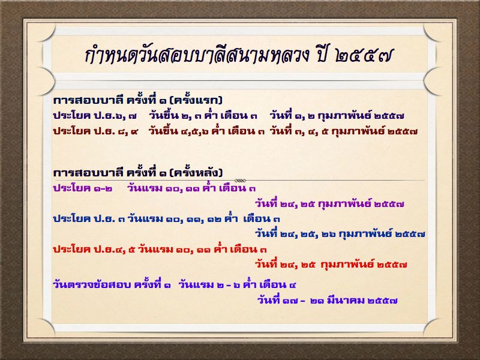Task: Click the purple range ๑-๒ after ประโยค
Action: tap(103, 188)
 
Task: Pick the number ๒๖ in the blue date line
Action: tap(329, 234)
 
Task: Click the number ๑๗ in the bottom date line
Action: tap(290, 301)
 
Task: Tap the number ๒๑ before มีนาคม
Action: tap(317, 301)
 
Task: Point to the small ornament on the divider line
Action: tap(241, 181)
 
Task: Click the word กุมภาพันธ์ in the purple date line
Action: tap(344, 203)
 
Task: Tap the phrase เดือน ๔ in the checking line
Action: tap(278, 284)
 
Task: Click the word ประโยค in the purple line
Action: tap(71, 188)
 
